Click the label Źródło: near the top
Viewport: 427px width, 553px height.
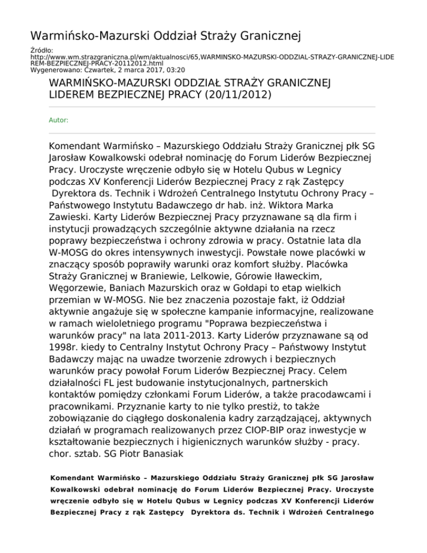39,51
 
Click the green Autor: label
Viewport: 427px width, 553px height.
59,120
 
